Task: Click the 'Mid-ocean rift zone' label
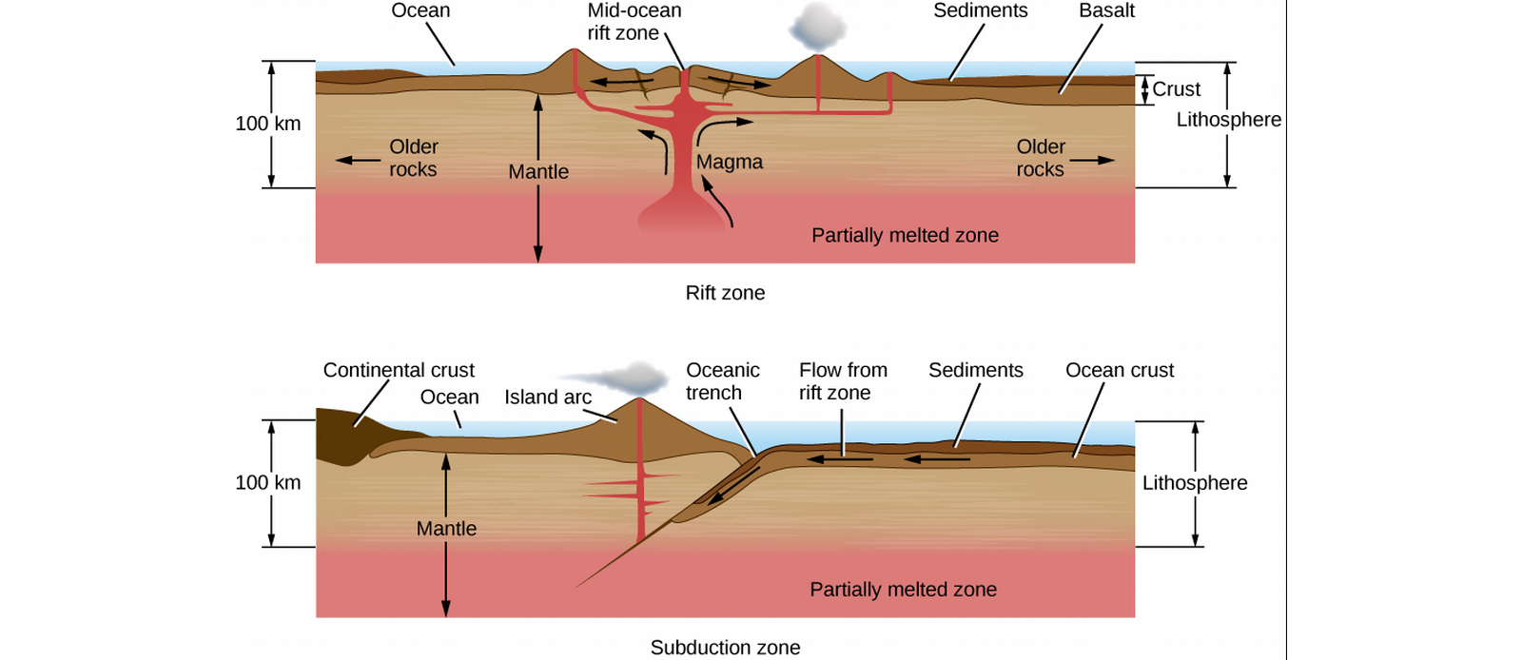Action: point(634,22)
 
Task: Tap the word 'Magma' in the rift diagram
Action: point(729,162)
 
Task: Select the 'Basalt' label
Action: point(1107,10)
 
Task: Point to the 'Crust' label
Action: point(1176,89)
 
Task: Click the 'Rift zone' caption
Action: point(725,293)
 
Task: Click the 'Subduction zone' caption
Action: point(725,647)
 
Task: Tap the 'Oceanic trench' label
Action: point(722,381)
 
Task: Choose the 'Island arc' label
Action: point(548,397)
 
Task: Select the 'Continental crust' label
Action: point(399,370)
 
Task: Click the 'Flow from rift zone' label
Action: point(843,381)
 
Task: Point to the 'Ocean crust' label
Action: point(1119,370)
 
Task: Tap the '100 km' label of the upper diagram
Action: point(267,124)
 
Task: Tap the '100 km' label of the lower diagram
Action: point(267,483)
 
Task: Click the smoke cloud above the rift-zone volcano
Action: point(817,28)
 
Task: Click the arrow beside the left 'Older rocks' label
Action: point(358,161)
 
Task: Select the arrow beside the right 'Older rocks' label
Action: point(1092,161)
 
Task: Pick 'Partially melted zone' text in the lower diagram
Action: point(903,590)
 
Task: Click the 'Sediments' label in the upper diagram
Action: point(980,10)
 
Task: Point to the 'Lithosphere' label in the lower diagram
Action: point(1195,483)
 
